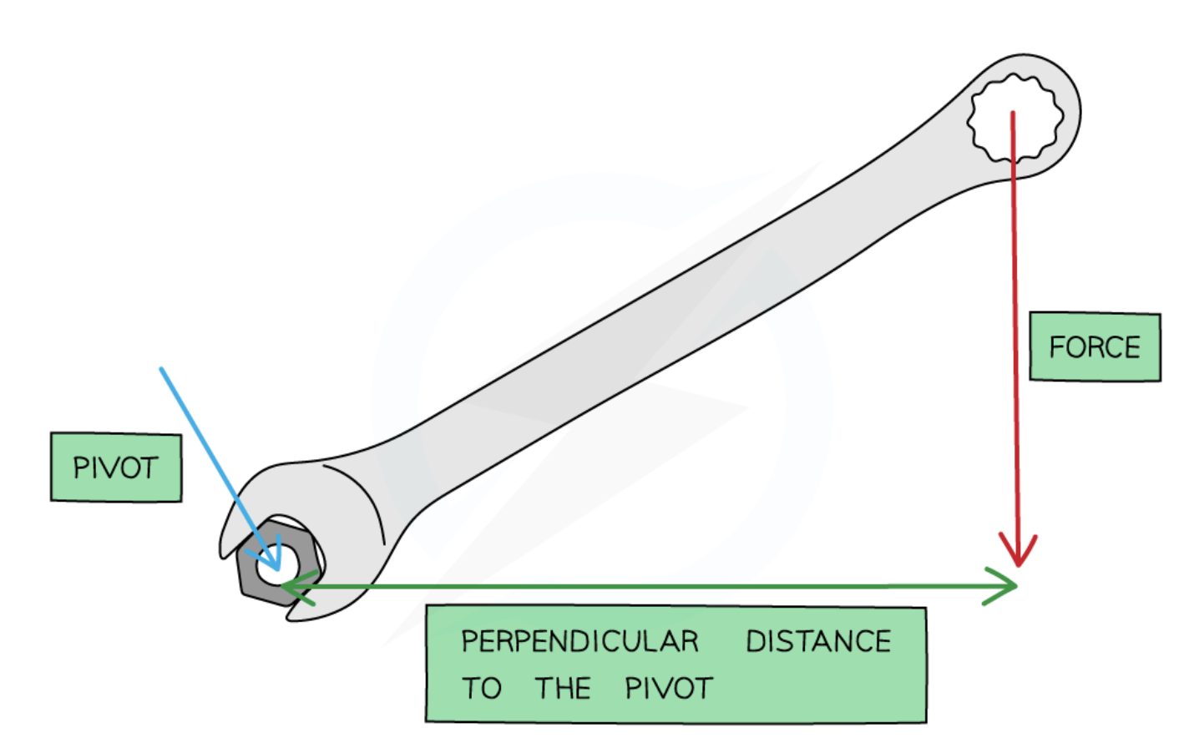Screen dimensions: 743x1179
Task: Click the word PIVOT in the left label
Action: pos(115,468)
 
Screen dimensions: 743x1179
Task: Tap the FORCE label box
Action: pos(1095,346)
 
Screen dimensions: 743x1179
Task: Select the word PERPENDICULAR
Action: pos(579,641)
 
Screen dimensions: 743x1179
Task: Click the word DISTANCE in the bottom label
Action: pos(818,641)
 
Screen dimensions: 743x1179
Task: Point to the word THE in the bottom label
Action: pos(563,689)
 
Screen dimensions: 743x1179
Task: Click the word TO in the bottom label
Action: pos(482,689)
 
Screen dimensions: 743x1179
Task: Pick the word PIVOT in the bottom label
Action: pos(669,689)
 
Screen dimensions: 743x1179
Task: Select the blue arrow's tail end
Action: pos(162,369)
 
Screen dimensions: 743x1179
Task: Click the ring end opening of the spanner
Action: pos(1015,117)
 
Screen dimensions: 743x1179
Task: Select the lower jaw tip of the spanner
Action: pos(294,615)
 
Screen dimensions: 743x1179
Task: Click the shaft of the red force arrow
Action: pos(1015,334)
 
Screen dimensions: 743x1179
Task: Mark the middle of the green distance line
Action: pos(651,587)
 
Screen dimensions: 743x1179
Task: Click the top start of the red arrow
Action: pos(1013,113)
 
